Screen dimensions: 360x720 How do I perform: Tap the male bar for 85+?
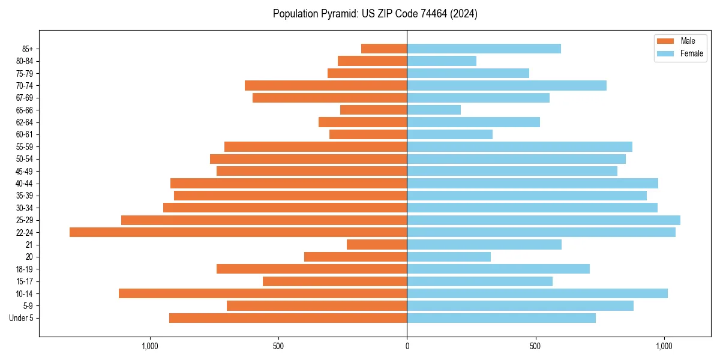[384, 49]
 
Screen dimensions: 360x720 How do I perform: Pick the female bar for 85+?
[484, 49]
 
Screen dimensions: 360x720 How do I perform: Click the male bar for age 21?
[377, 245]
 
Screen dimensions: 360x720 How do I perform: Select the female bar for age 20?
[449, 257]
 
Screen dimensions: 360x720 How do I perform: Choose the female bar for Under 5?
[501, 318]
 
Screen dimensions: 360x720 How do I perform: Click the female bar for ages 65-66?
[434, 110]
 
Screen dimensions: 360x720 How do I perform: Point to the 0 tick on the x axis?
[407, 346]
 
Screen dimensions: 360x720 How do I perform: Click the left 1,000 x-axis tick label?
[149, 346]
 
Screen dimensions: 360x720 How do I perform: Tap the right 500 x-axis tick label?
[536, 346]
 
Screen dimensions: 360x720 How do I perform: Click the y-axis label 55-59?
[24, 147]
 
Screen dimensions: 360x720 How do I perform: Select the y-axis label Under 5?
[21, 318]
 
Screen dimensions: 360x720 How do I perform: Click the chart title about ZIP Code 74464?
[375, 14]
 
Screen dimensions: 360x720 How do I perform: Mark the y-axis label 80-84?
[24, 61]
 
